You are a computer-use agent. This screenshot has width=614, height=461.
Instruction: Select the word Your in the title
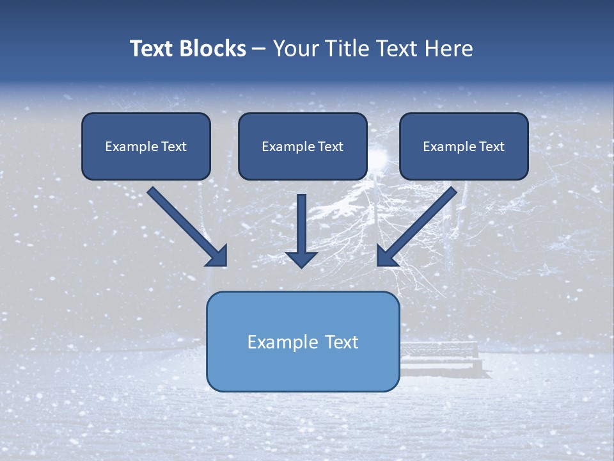[295, 49]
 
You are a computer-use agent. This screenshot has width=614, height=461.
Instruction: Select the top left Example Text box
[146, 146]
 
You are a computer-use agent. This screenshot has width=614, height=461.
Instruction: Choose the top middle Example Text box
[303, 146]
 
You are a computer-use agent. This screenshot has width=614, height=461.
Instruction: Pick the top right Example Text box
[464, 146]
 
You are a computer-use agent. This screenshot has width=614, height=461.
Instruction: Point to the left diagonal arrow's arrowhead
[217, 256]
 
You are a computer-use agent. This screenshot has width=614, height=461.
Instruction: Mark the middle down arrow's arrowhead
[301, 258]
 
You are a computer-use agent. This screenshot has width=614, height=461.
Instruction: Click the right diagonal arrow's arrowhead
[386, 256]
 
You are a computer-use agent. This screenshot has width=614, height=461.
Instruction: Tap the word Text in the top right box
[491, 147]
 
